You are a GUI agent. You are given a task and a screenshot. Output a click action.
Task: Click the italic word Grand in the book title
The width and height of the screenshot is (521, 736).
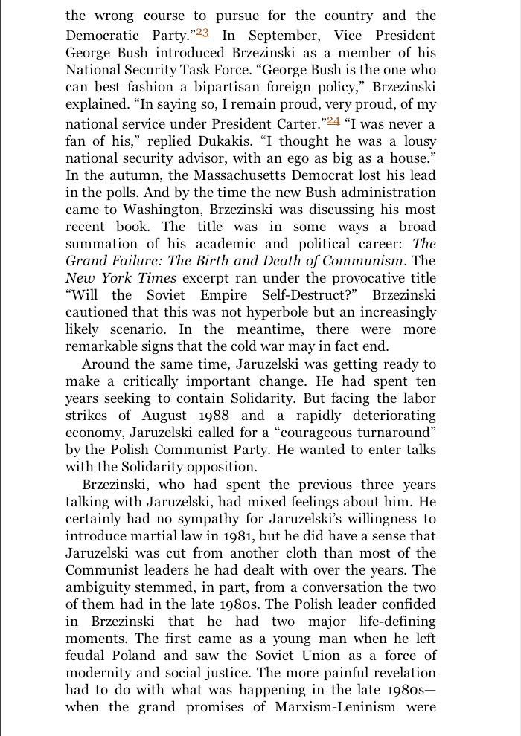pyautogui.click(x=87, y=261)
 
